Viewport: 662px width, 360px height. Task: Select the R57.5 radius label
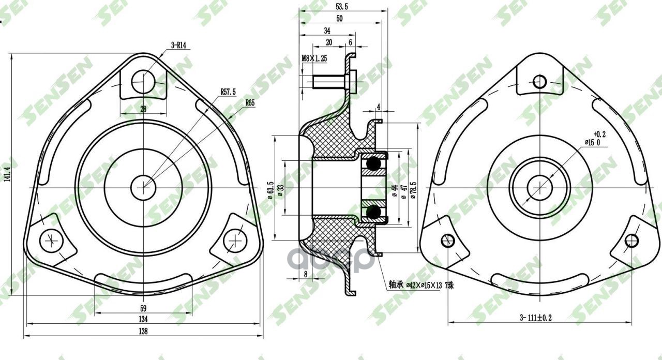pyautogui.click(x=228, y=92)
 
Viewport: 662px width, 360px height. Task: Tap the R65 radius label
pyautogui.click(x=250, y=102)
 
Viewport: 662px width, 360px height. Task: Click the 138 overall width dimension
pyautogui.click(x=143, y=331)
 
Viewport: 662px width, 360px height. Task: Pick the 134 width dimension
pyautogui.click(x=143, y=319)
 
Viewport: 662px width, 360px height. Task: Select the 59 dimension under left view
pyautogui.click(x=143, y=309)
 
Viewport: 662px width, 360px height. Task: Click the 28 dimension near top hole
pyautogui.click(x=143, y=109)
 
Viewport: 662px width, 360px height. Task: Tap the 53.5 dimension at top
pyautogui.click(x=342, y=6)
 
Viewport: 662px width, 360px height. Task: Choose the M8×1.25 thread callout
pyautogui.click(x=314, y=59)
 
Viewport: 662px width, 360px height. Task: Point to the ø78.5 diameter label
pyautogui.click(x=413, y=193)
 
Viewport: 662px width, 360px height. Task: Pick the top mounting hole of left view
pyautogui.click(x=143, y=81)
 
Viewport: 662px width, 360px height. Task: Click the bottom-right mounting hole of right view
pyautogui.click(x=631, y=241)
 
